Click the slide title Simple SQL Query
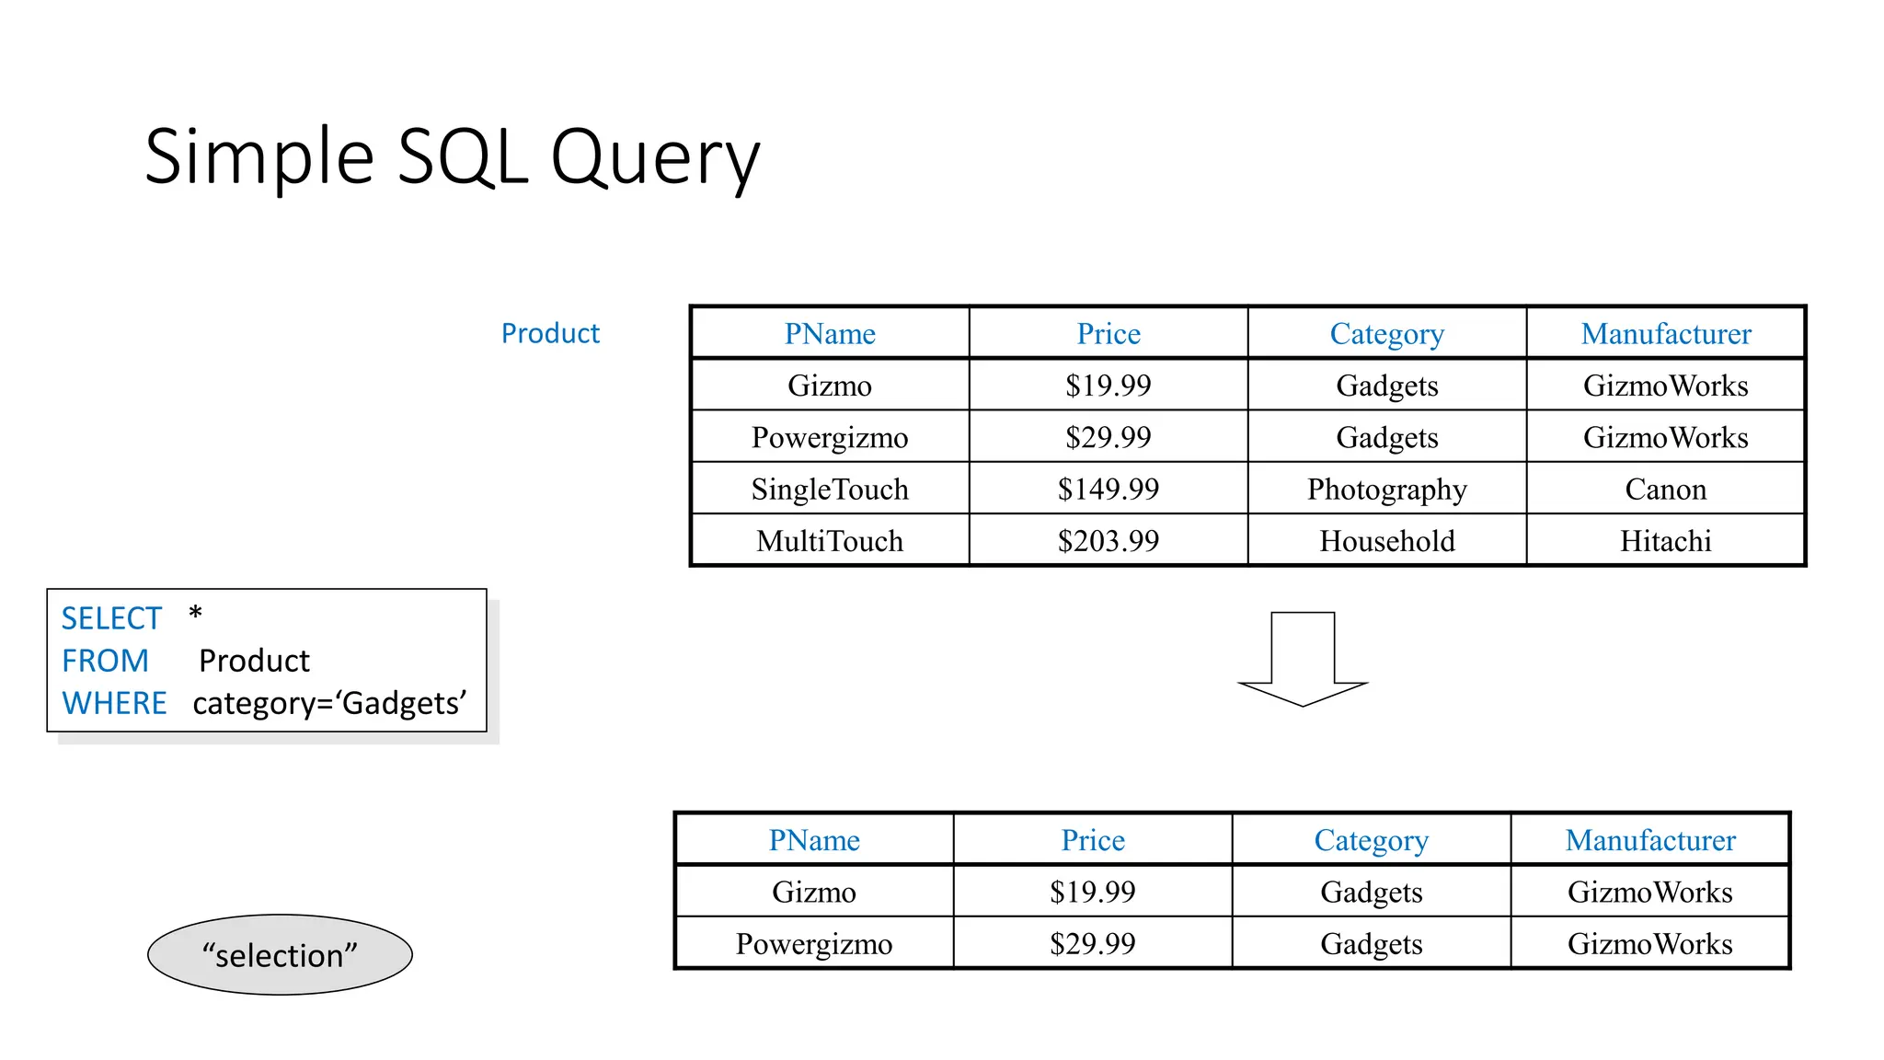pos(452,157)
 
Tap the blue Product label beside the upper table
pos(550,333)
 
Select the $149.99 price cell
pos(1108,489)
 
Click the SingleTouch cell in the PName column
pos(830,489)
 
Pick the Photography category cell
pos(1386,489)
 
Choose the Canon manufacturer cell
pos(1665,489)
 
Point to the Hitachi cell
pos(1665,540)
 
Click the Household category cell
pos(1386,540)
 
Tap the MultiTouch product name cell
pos(830,540)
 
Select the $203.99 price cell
pos(1108,540)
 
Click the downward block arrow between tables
pos(1303,657)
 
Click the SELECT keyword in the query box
pos(111,618)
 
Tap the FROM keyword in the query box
pos(105,661)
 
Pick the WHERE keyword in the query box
pos(114,703)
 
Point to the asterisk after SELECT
pos(195,614)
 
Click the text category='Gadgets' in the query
pos(329,703)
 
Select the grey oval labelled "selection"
pos(280,955)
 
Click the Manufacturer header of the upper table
pos(1665,333)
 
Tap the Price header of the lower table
pos(1093,840)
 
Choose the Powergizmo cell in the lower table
pos(814,944)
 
